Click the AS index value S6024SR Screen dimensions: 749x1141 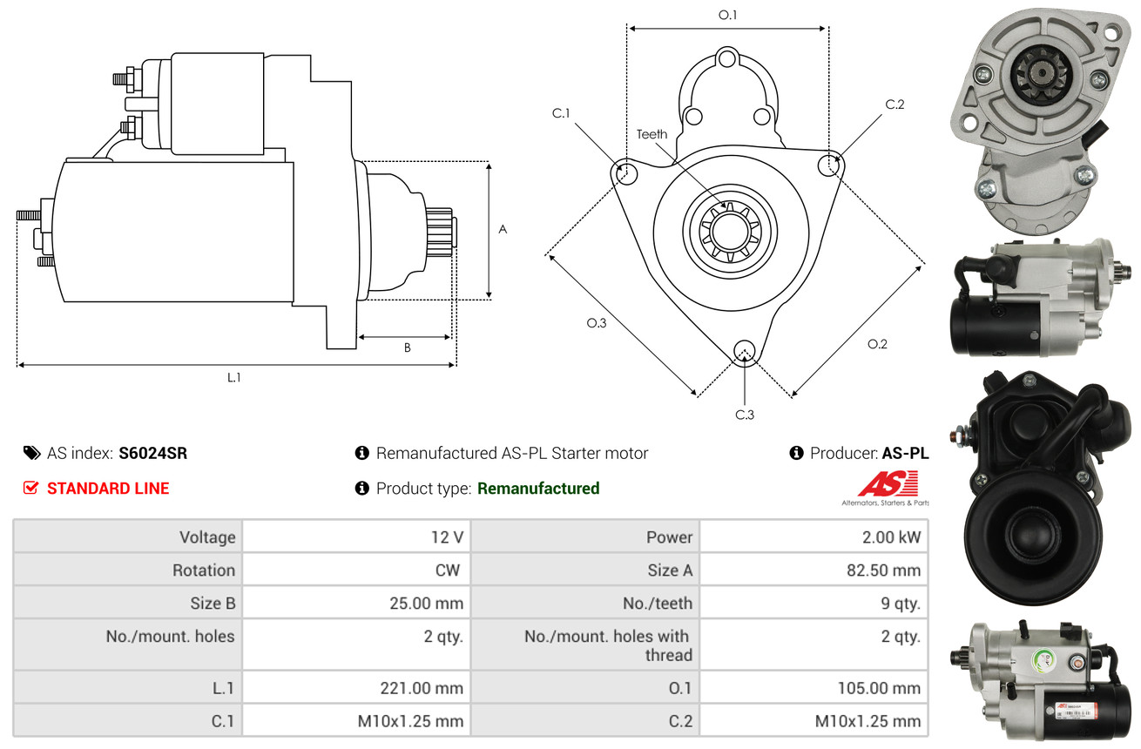pos(152,453)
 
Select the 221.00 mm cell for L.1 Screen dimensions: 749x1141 pos(422,688)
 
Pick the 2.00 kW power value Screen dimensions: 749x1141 pos(891,537)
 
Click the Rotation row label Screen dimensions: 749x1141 pos(203,570)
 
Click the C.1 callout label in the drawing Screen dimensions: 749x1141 pos(560,113)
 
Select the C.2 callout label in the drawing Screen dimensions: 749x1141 pos(895,105)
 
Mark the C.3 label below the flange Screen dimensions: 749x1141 pos(744,415)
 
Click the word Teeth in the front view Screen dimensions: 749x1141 pos(652,134)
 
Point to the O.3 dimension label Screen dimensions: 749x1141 pos(596,323)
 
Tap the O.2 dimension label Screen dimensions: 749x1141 pos(877,344)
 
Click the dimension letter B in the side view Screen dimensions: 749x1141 pos(407,348)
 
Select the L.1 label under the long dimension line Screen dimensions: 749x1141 pos(233,377)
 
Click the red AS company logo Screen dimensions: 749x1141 pos(888,484)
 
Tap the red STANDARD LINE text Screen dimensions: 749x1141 pos(108,489)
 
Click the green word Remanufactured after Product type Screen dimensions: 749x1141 pos(538,489)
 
